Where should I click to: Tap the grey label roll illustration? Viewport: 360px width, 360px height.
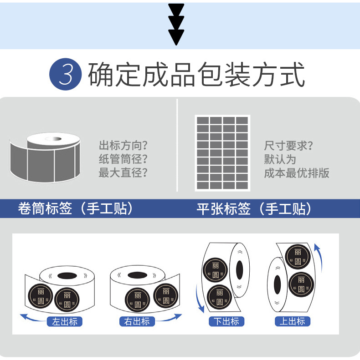pos(45,155)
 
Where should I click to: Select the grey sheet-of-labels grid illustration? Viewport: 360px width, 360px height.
pos(222,153)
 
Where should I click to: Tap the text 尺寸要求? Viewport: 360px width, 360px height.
pos(288,146)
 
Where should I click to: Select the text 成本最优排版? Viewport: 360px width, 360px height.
pos(297,173)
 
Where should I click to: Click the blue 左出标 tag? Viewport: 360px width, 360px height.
pos(65,322)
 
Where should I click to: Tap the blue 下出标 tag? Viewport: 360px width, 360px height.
pos(226,322)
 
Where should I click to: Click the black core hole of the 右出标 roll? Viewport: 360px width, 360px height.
pos(137,275)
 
